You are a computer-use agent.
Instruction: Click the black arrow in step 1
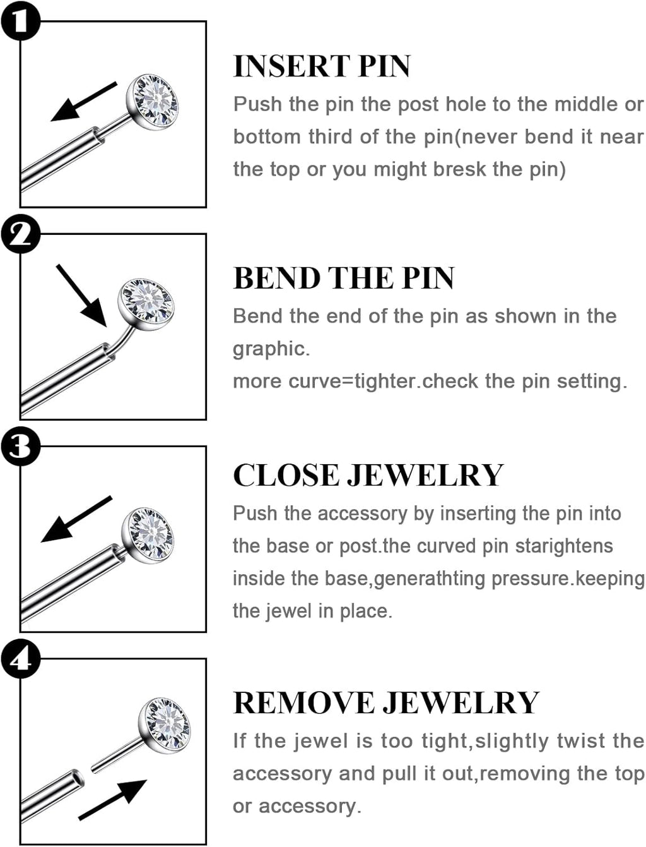click(83, 102)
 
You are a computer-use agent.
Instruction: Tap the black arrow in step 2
click(81, 296)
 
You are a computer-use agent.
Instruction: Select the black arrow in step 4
click(114, 799)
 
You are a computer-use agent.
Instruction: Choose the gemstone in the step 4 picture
click(165, 724)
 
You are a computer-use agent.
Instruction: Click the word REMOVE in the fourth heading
click(305, 703)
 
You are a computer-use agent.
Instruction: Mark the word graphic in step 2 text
click(271, 349)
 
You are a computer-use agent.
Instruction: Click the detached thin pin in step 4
click(117, 756)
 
